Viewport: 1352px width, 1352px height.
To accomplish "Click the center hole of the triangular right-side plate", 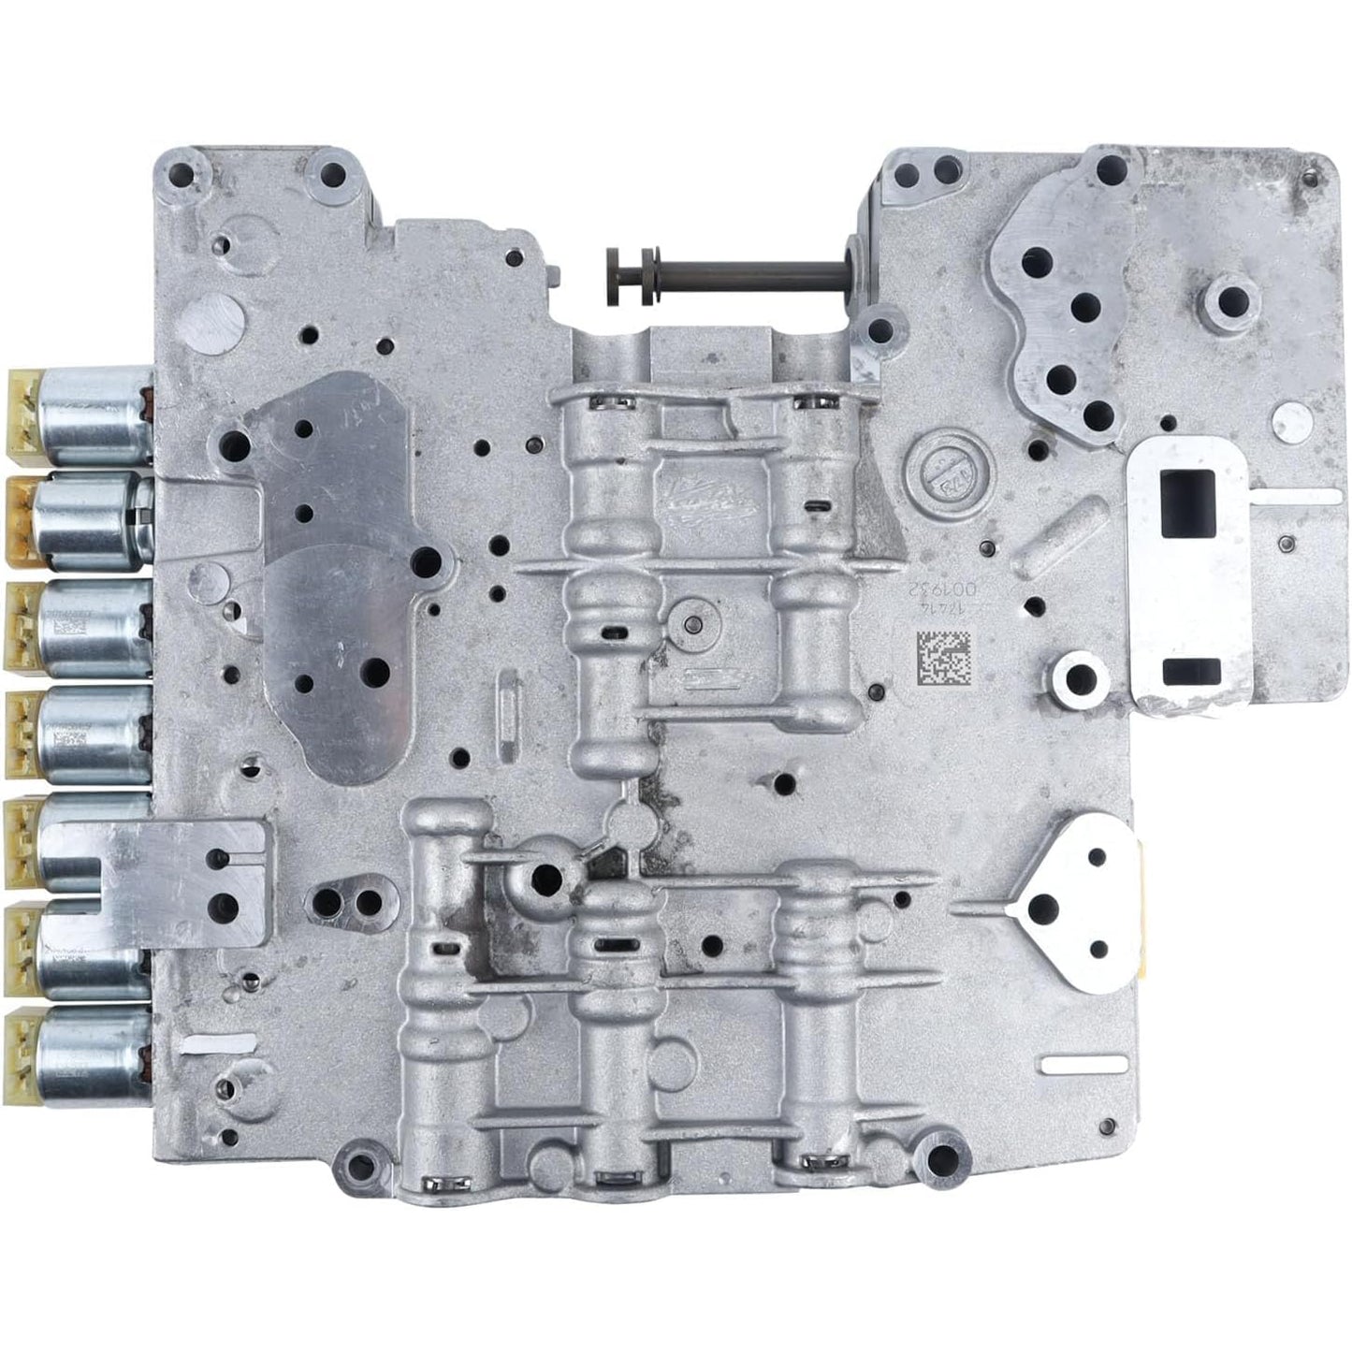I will [1044, 906].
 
